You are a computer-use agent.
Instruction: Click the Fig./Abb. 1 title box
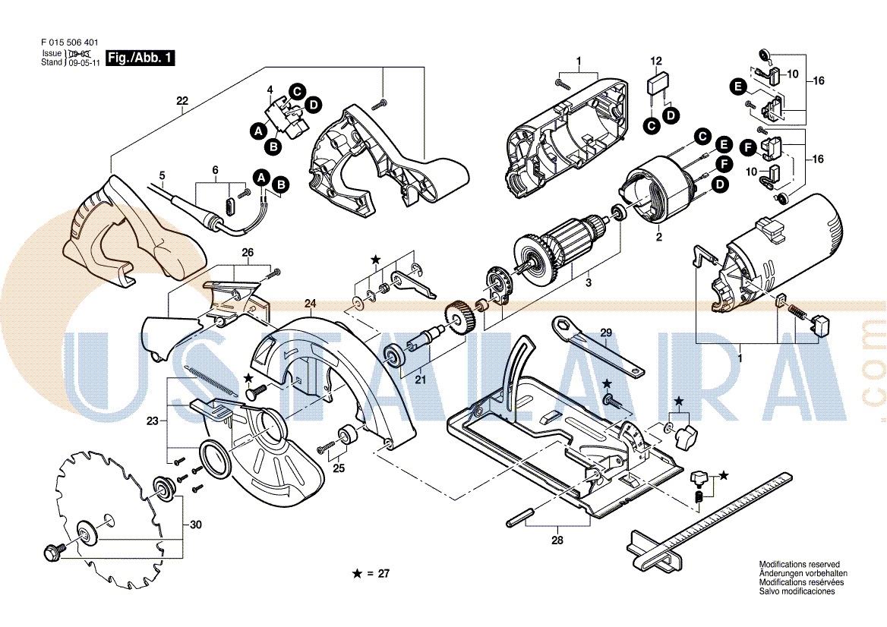pyautogui.click(x=140, y=58)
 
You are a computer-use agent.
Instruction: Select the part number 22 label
pyautogui.click(x=182, y=101)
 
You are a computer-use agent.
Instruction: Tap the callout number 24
pyautogui.click(x=310, y=304)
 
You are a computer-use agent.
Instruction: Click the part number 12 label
pyautogui.click(x=656, y=61)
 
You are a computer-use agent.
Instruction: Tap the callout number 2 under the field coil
pyautogui.click(x=659, y=238)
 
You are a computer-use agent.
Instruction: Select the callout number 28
pyautogui.click(x=558, y=540)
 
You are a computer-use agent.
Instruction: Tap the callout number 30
pyautogui.click(x=196, y=525)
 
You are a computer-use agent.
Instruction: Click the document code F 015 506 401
pyautogui.click(x=69, y=43)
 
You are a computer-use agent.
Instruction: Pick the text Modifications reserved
pyautogui.click(x=799, y=565)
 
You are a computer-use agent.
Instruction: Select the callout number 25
pyautogui.click(x=339, y=468)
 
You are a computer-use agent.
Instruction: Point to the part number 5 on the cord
pyautogui.click(x=162, y=176)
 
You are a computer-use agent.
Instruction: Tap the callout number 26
pyautogui.click(x=248, y=252)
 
